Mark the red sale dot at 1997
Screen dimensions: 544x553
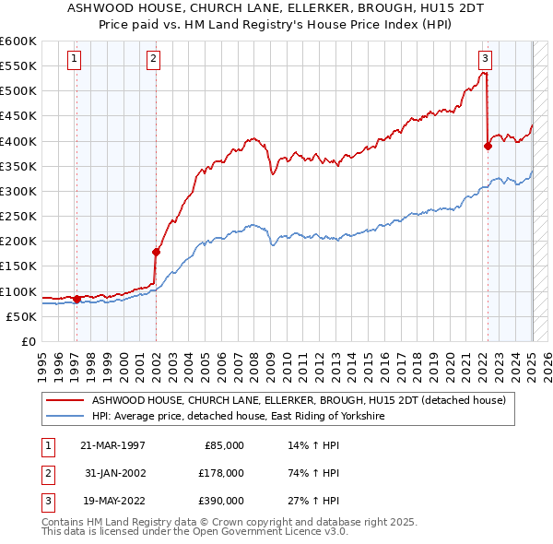pos(76,299)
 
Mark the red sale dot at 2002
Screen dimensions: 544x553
pos(156,252)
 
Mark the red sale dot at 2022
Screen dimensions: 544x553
pos(488,145)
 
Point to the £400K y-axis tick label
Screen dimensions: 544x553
pos(18,141)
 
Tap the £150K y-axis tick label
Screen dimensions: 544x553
pos(18,266)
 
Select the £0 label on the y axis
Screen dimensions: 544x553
pos(28,341)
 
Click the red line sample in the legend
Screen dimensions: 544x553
pos(65,401)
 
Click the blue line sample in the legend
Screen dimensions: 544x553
pos(65,417)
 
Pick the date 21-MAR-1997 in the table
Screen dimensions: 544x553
pos(112,445)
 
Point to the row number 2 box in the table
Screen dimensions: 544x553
pos(45,472)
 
